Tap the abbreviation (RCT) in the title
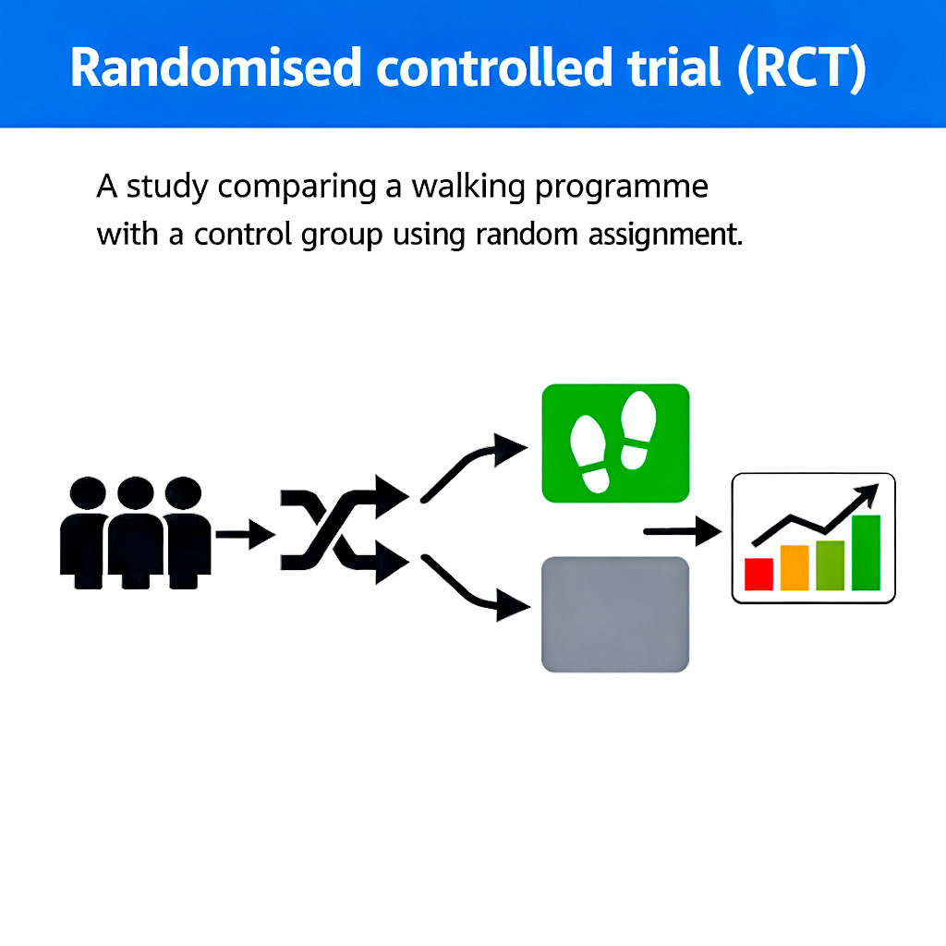(x=801, y=67)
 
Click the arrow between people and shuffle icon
(x=245, y=534)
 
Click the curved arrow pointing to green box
(x=471, y=467)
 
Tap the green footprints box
(x=614, y=443)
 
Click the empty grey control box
(x=614, y=613)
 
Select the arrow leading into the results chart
(x=682, y=531)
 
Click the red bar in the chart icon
(x=758, y=574)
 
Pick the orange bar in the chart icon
(x=794, y=567)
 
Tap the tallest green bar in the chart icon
(x=866, y=552)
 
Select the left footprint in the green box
(x=591, y=453)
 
